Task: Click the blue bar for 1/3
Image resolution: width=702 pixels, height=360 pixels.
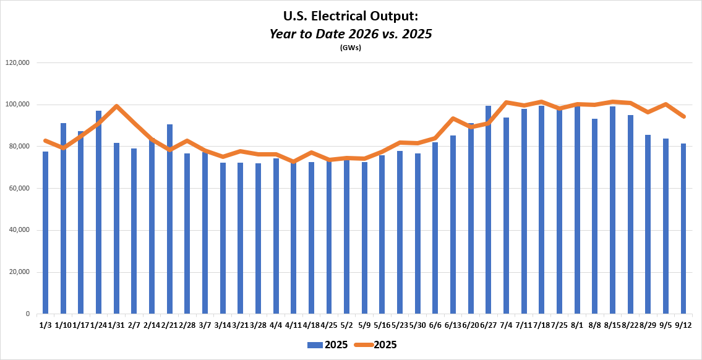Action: click(x=45, y=233)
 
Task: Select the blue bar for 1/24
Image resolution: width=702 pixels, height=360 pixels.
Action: click(x=98, y=212)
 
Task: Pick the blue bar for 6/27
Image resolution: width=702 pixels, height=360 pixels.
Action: click(x=489, y=210)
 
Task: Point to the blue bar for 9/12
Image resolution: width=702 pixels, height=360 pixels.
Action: click(x=683, y=229)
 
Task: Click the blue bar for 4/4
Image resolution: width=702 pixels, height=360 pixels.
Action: click(x=276, y=236)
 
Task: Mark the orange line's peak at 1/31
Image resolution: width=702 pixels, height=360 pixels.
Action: click(x=116, y=106)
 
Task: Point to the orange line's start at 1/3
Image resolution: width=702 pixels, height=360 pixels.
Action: click(x=45, y=140)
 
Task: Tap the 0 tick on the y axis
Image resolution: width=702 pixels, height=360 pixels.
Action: click(x=28, y=314)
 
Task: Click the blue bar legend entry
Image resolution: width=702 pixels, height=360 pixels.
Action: click(x=327, y=345)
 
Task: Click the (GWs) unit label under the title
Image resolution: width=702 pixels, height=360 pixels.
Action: click(x=351, y=48)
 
